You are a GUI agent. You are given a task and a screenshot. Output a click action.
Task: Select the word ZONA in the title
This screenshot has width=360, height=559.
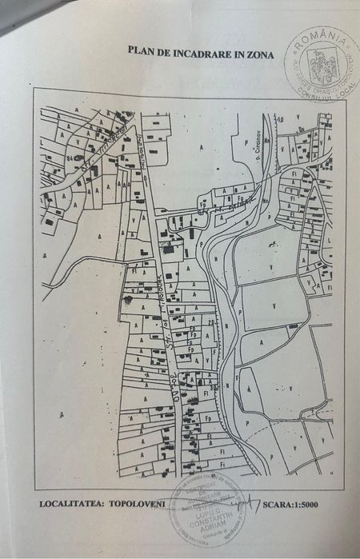click(259, 54)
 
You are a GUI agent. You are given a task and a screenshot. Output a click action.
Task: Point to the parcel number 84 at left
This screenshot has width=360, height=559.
click(70, 158)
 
